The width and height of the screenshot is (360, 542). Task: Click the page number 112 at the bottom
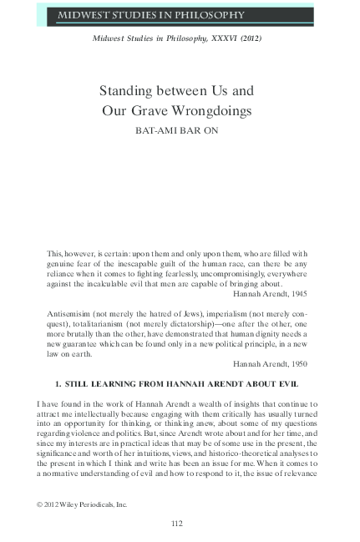(176, 523)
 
